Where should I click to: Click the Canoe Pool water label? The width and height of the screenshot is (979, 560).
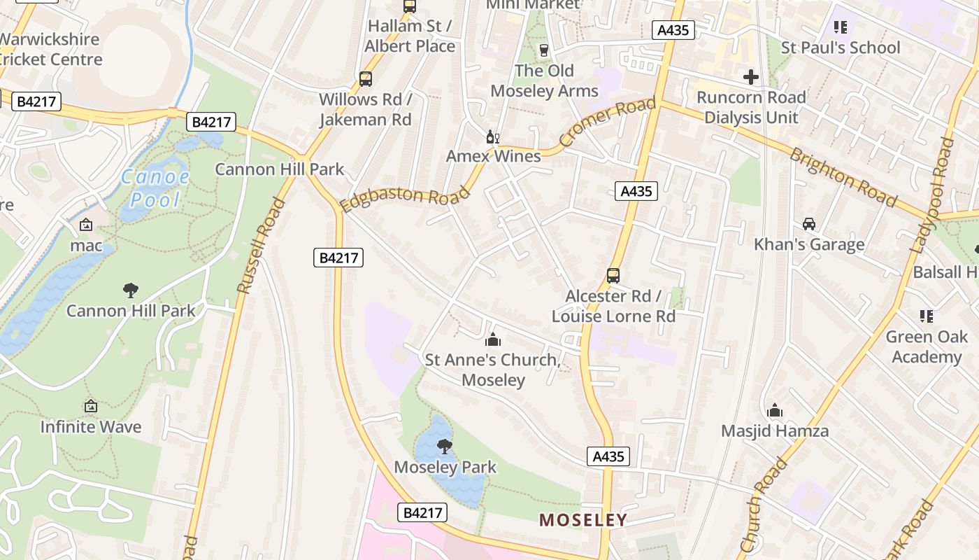(x=155, y=188)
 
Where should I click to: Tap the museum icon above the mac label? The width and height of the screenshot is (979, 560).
(x=86, y=225)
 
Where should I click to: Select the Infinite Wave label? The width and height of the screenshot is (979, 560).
(x=90, y=426)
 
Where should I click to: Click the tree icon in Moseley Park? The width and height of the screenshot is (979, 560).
(x=444, y=446)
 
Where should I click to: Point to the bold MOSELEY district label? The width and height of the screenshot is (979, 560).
(x=583, y=520)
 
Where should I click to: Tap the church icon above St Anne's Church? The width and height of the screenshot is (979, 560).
(x=492, y=339)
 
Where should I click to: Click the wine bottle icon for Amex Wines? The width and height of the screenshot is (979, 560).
(x=493, y=136)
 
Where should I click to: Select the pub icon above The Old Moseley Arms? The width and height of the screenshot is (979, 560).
(x=543, y=50)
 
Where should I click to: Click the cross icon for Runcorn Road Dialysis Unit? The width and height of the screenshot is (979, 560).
(x=751, y=76)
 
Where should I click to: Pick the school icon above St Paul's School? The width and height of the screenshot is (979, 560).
(x=840, y=27)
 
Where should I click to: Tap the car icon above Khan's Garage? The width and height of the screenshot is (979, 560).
(x=809, y=224)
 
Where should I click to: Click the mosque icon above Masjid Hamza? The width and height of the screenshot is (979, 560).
(x=774, y=410)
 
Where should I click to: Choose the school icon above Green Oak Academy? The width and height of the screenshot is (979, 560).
(x=927, y=316)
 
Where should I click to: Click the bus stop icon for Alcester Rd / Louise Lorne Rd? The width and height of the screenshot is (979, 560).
(x=613, y=275)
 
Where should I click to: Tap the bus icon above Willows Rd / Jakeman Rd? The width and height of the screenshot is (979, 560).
(x=365, y=78)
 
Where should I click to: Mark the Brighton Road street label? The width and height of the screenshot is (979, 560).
(x=843, y=178)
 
